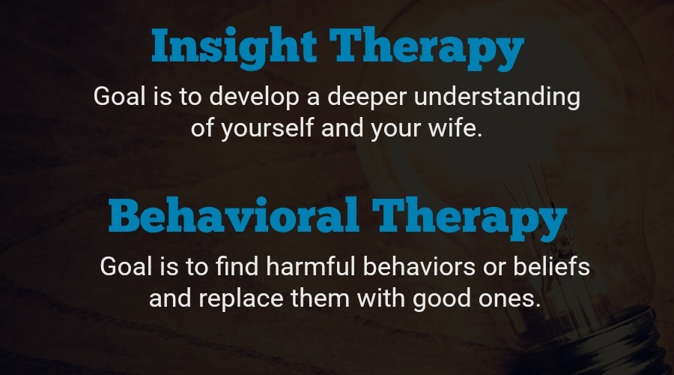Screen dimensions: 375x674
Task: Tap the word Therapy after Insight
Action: coord(428,48)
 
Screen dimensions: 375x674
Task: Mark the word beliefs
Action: coord(555,268)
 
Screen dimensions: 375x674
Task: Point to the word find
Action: coord(237,268)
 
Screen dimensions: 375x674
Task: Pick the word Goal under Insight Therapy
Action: coord(119,97)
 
